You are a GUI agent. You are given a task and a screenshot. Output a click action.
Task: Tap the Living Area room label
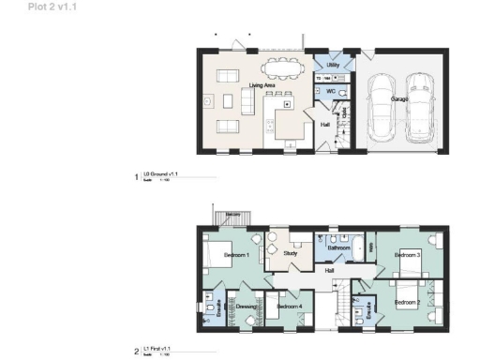point(262,85)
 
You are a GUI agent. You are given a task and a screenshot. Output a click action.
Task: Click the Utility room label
point(332,65)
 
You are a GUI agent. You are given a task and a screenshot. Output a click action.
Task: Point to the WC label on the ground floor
point(331,91)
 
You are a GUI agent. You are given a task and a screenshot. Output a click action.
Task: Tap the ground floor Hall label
point(325,125)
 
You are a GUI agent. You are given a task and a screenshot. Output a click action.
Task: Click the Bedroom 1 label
point(234,255)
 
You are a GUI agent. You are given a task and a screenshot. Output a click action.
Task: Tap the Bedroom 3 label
point(406,255)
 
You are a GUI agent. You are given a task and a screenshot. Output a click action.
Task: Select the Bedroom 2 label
point(406,302)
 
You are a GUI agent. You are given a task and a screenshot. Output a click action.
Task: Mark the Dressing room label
point(247,307)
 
